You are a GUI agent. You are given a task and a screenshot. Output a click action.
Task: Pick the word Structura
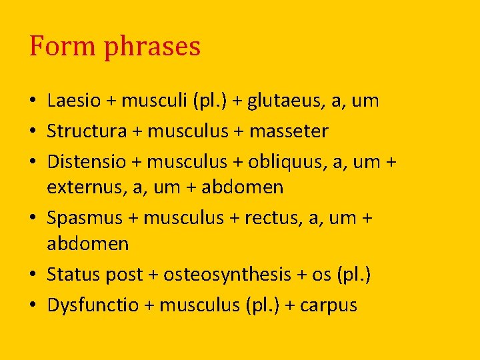tap(87, 131)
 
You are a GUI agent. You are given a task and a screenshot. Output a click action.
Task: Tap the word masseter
tap(289, 132)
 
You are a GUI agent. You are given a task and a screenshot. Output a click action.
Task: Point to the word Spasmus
tap(84, 218)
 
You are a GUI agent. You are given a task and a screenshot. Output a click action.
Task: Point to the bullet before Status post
tap(33, 275)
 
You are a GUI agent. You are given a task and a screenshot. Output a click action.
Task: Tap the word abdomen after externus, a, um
tap(242, 188)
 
